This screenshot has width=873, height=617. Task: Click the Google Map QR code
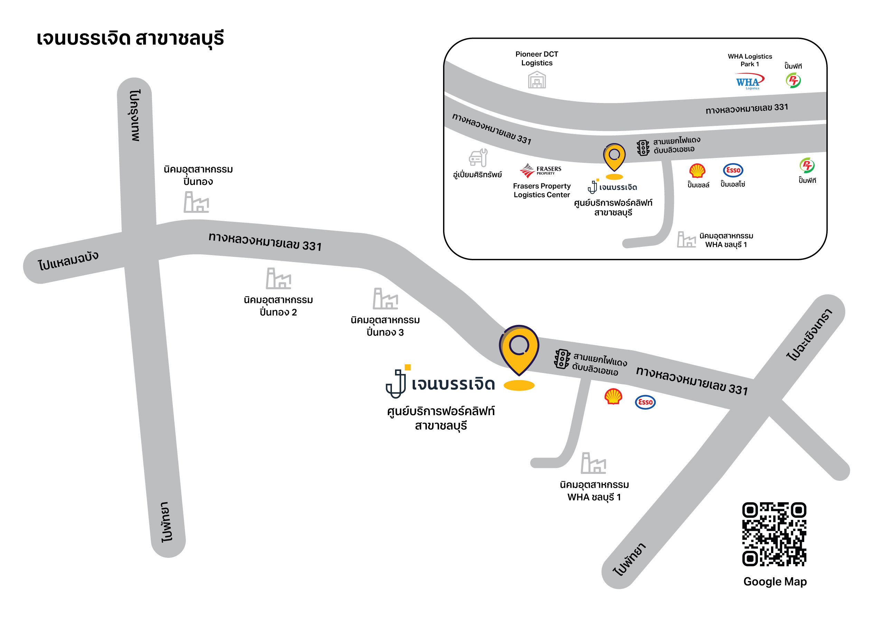(x=774, y=534)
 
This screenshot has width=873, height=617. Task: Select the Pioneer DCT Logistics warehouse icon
(x=536, y=80)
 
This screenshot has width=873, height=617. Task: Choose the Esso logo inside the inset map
(x=733, y=170)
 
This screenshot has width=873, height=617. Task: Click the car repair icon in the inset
(x=478, y=158)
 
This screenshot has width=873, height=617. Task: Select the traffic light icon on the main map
(x=562, y=359)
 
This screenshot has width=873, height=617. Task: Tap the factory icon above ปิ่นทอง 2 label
(x=278, y=279)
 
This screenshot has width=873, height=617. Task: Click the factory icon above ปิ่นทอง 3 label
(x=385, y=299)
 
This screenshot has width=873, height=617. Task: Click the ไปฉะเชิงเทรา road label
(x=809, y=335)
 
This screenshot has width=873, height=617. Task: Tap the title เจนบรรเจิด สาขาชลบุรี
(x=130, y=39)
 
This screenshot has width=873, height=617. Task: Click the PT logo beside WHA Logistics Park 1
(x=793, y=80)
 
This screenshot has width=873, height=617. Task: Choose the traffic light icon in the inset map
(x=643, y=148)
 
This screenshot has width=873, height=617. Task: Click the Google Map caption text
(x=775, y=581)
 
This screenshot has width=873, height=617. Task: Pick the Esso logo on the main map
(x=645, y=402)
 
